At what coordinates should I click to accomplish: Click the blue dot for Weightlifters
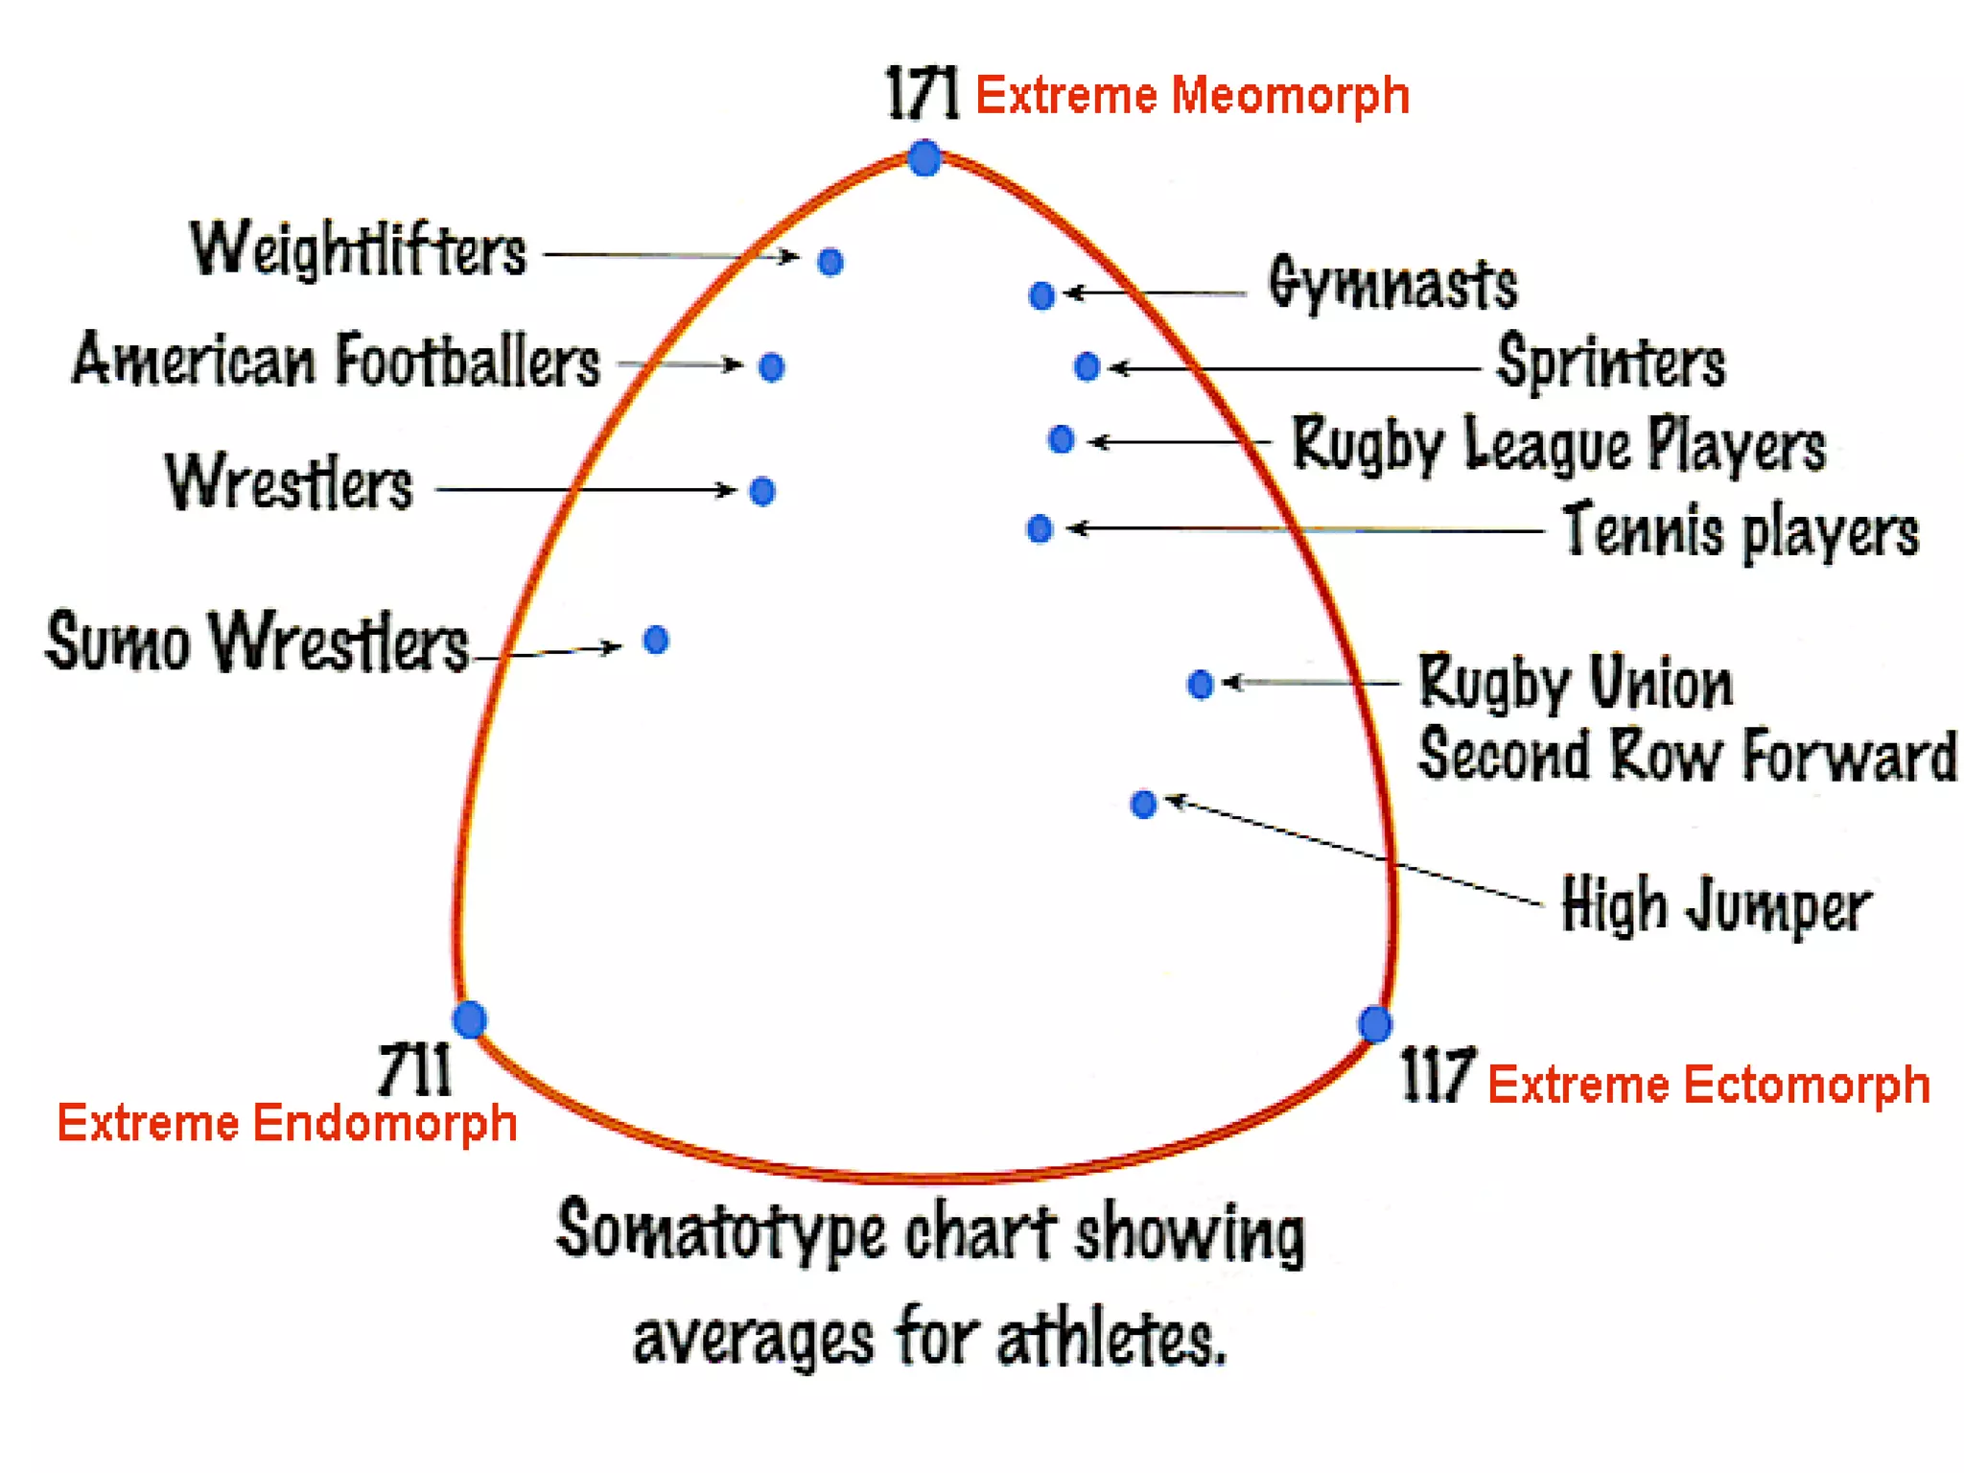coord(830,262)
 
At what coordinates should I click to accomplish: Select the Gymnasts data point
coord(1041,295)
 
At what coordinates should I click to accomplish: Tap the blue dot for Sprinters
coord(1087,366)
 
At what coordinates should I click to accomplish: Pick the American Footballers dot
coord(771,366)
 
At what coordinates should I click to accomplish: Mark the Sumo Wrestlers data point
coord(656,640)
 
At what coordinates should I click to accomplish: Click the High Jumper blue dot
coord(1143,804)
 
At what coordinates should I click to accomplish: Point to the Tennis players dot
coord(1040,528)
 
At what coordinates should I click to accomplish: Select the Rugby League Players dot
coord(1061,439)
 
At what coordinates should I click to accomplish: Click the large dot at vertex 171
coord(924,158)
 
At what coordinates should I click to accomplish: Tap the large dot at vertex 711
coord(470,1018)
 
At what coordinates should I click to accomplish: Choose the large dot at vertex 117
coord(1375,1023)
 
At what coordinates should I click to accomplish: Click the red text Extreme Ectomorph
coord(1708,1085)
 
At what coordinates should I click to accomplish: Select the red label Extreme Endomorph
coord(287,1123)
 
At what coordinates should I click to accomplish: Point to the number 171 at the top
coord(922,93)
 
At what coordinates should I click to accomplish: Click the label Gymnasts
coord(1392,284)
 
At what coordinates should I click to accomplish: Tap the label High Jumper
coord(1716,904)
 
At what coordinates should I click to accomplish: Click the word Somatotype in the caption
coord(721,1233)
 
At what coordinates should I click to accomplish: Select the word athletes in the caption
coord(1111,1338)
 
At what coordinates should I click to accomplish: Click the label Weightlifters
coord(359,249)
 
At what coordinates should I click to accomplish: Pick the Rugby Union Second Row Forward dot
coord(1200,684)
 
